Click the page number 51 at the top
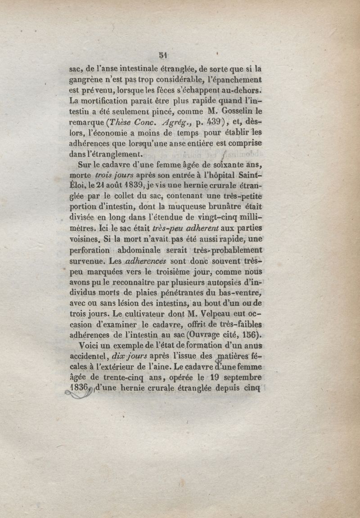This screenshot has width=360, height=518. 163,55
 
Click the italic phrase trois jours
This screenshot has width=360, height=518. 112,174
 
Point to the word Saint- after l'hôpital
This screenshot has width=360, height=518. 247,174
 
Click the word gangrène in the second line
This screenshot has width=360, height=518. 86,80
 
